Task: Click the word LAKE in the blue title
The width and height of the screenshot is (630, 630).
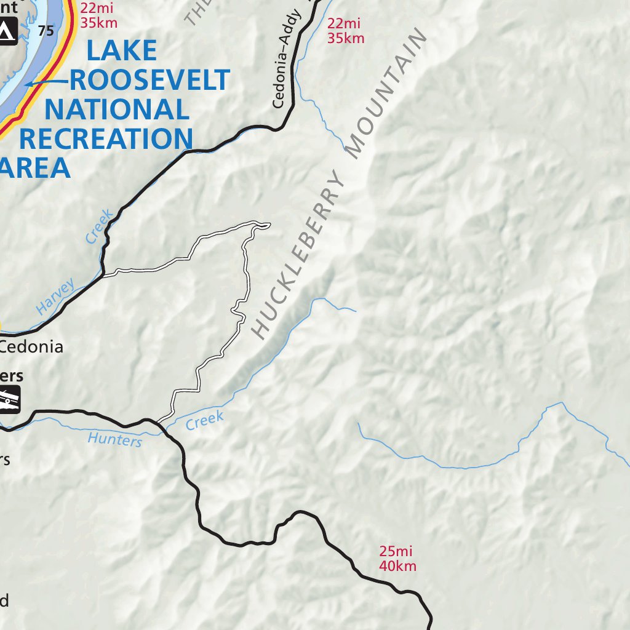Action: click(121, 50)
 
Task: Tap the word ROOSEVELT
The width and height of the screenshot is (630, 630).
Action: click(150, 80)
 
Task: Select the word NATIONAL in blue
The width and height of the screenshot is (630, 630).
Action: click(116, 110)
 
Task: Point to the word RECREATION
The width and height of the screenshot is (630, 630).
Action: click(106, 140)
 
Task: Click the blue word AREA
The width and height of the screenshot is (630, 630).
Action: click(36, 168)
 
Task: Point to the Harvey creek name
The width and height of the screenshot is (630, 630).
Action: click(55, 297)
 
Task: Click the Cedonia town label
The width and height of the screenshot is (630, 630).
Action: click(32, 346)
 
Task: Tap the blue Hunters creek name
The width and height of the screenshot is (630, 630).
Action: click(115, 439)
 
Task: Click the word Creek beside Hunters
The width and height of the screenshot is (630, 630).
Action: click(204, 420)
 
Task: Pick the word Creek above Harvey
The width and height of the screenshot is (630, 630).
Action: click(100, 226)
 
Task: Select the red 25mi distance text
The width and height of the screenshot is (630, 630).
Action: click(396, 552)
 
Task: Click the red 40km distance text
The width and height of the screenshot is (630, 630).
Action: click(398, 566)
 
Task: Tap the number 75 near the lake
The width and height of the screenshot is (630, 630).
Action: click(46, 30)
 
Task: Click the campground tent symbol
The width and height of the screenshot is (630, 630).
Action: click(6, 31)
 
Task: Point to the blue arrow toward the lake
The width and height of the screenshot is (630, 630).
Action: click(46, 82)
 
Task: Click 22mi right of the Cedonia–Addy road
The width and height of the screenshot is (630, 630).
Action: click(343, 24)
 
